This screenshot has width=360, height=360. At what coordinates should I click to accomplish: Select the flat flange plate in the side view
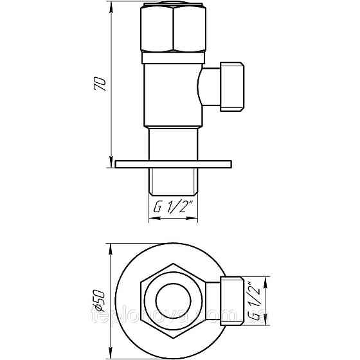click(x=172, y=163)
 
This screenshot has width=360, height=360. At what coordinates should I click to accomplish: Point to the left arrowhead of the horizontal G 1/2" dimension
click(x=152, y=219)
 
